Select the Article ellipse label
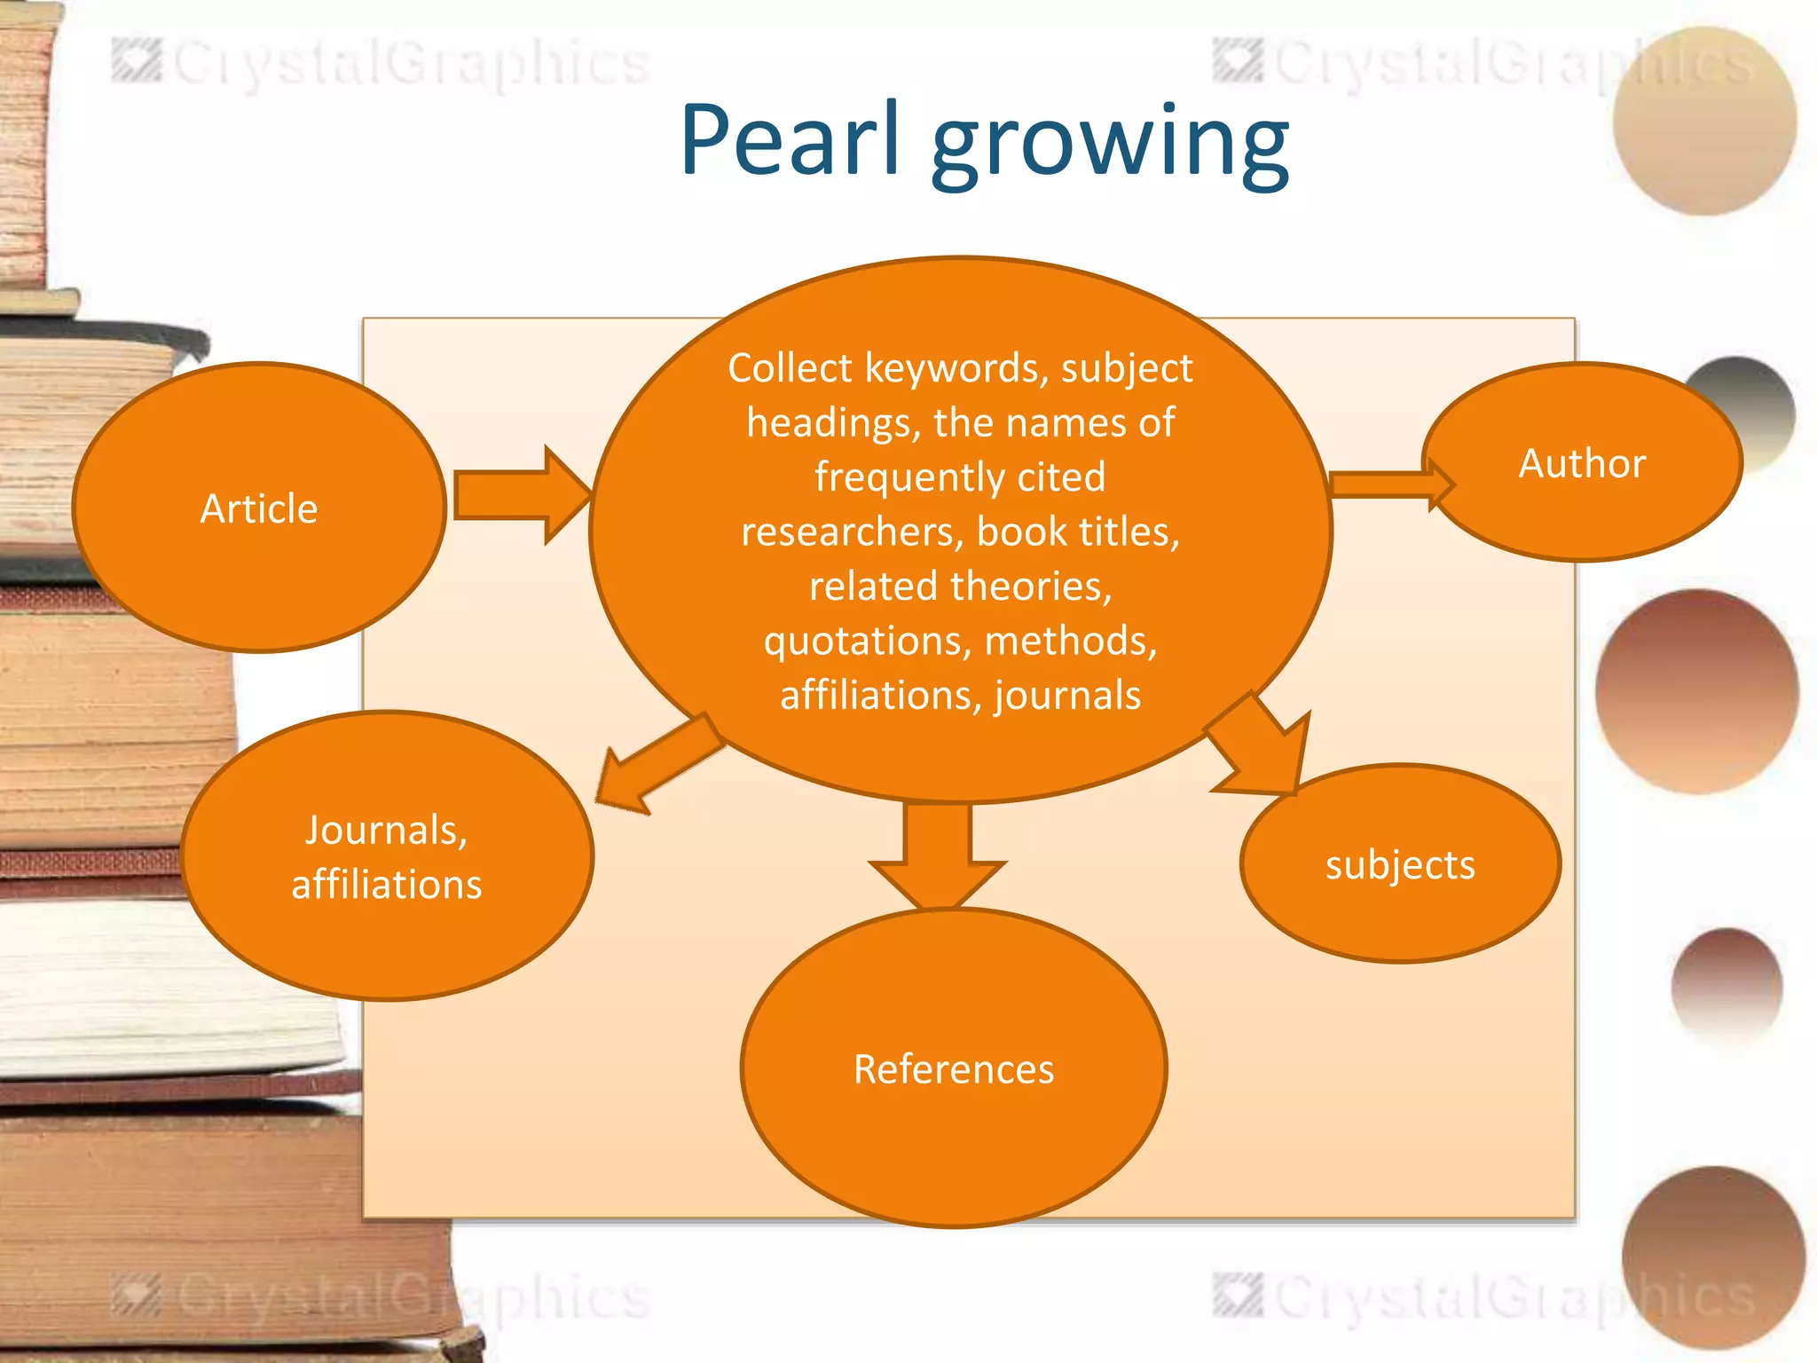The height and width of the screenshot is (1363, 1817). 259,509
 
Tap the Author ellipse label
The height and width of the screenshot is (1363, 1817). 1582,463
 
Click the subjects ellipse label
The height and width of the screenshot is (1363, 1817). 1400,865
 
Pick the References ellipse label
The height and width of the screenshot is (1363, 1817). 954,1069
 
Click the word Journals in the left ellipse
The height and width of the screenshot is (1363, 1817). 386,831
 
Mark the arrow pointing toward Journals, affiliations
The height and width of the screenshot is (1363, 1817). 657,763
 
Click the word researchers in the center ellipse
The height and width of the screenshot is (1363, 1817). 852,532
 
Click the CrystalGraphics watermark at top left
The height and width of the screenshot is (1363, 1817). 381,64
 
